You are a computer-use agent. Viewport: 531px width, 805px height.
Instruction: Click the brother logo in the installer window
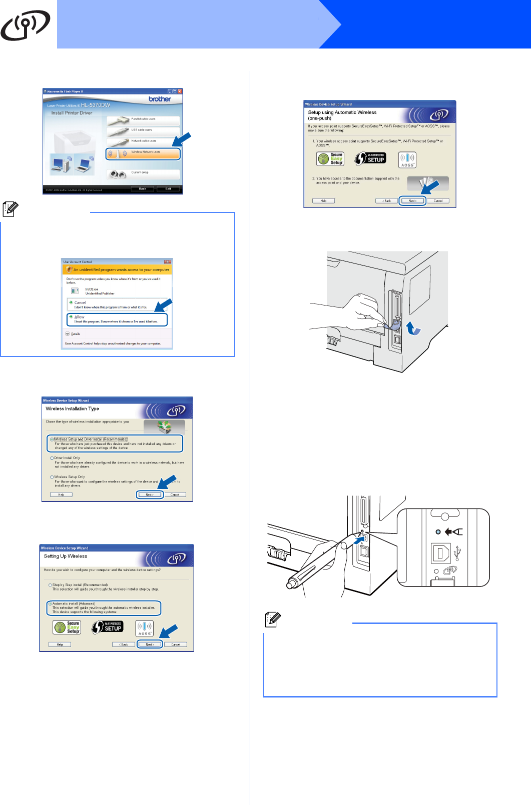pos(160,99)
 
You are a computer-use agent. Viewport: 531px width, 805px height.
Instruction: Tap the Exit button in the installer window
pos(168,188)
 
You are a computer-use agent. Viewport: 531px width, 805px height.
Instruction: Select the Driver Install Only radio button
pos(52,458)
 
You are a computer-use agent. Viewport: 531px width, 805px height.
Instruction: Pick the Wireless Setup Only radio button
pos(52,477)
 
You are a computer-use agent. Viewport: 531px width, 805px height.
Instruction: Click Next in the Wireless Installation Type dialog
pos(150,494)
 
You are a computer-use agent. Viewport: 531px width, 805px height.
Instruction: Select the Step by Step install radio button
pos(50,585)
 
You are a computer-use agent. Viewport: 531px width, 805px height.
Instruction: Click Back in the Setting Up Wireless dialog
pos(124,644)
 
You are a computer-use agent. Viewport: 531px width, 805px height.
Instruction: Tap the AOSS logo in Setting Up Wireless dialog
pos(145,628)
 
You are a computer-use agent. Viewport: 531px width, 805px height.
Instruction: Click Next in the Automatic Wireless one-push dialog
pos(412,201)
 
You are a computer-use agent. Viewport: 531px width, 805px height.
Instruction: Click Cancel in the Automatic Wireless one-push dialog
pos(438,201)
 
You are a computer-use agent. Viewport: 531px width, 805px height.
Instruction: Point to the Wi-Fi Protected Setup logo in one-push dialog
pos(370,159)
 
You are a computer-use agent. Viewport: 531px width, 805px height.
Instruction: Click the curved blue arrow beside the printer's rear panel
pos(413,328)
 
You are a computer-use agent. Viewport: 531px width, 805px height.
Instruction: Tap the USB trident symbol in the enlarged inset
pos(457,553)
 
